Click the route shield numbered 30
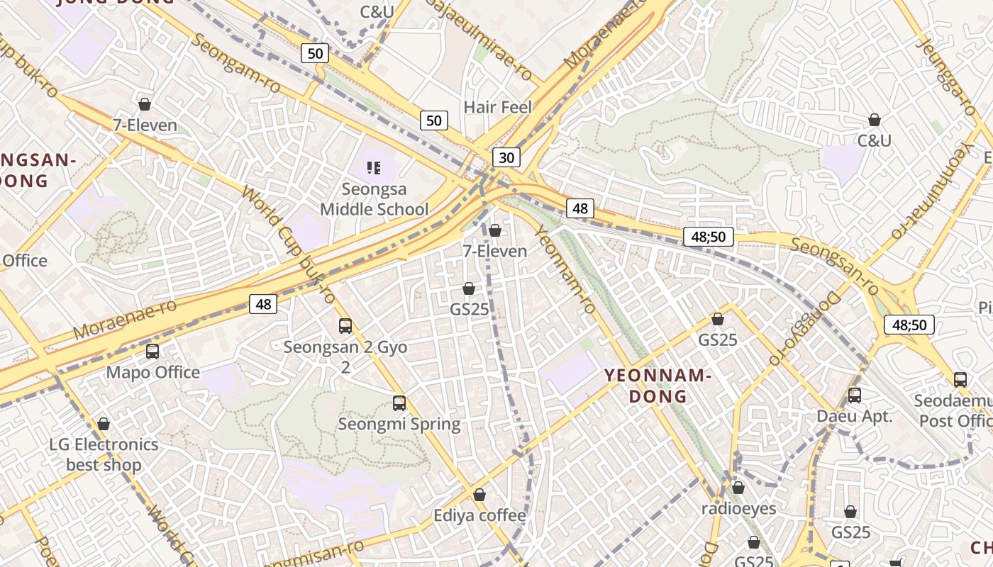tap(506, 157)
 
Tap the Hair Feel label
tap(497, 107)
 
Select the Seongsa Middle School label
tap(375, 199)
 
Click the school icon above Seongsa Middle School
tap(374, 168)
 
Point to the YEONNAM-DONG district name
tap(658, 386)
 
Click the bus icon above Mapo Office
tap(152, 352)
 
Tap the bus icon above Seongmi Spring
tap(399, 403)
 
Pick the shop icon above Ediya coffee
tap(479, 494)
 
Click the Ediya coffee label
tap(480, 515)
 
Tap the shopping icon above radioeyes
tap(738, 488)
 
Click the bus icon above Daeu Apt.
tap(855, 395)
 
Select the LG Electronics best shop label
tap(104, 454)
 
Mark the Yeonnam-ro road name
tap(565, 269)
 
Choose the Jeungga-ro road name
tap(946, 76)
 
